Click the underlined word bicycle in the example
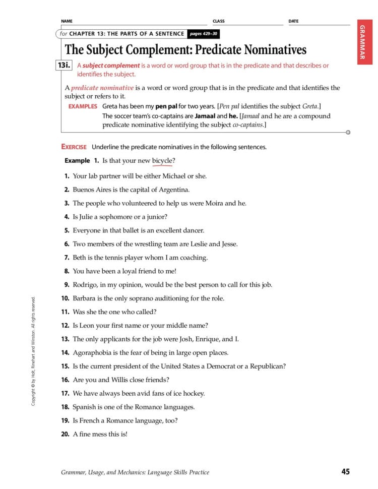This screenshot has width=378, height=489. click(162, 161)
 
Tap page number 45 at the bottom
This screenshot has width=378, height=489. click(345, 472)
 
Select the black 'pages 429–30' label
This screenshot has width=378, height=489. click(203, 34)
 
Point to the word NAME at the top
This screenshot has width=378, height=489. click(67, 21)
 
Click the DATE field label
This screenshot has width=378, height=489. click(293, 21)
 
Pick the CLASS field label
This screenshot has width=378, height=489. click(219, 21)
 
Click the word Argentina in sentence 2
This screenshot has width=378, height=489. click(173, 190)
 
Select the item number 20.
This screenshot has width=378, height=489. click(65, 434)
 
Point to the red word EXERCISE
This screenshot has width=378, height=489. click(74, 147)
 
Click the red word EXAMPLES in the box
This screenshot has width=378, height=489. click(83, 106)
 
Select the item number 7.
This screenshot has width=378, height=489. click(67, 258)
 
